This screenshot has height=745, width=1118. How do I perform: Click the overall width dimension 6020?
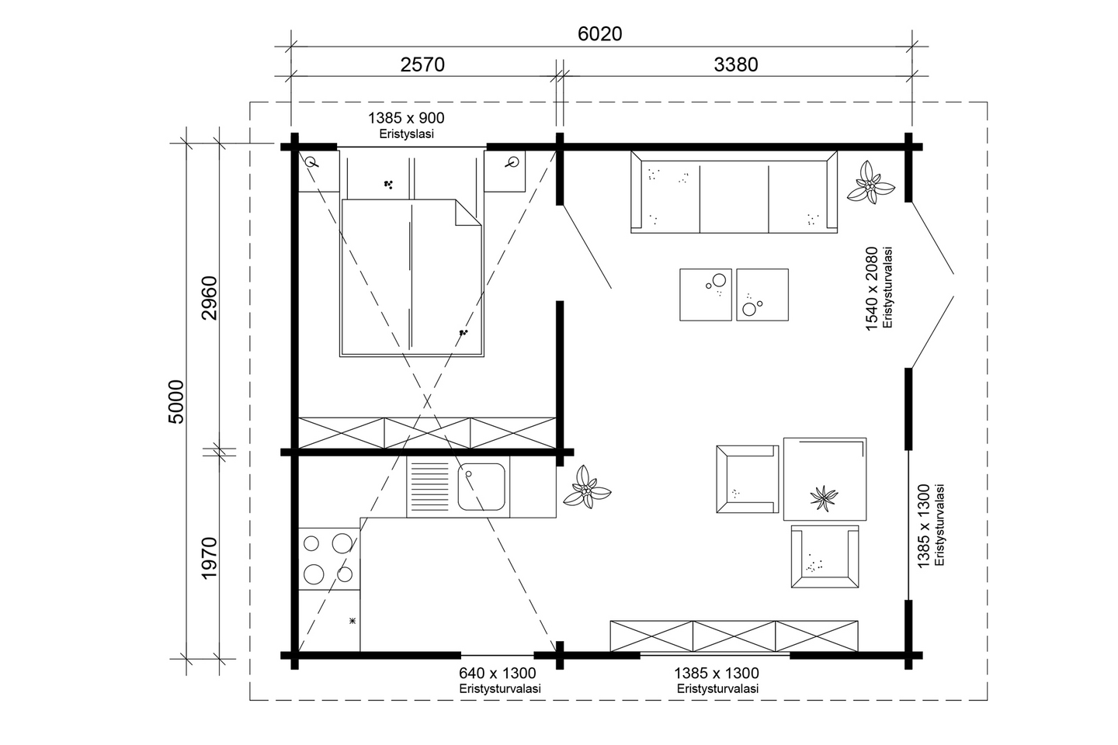point(599,34)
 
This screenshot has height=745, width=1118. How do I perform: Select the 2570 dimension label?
point(422,64)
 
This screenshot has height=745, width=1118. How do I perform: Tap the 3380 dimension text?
point(735,64)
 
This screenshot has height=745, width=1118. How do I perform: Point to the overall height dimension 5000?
point(176,401)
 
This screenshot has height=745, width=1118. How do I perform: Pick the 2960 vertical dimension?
point(209,297)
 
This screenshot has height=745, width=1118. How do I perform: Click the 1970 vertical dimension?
point(209,557)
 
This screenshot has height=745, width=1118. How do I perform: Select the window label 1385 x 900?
point(405,118)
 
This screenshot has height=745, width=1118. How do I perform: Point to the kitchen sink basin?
point(482,486)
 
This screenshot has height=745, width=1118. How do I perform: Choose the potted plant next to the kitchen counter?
point(587,489)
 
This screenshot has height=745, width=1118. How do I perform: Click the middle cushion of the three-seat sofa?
point(734,197)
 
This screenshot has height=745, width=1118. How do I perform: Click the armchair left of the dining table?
point(745,479)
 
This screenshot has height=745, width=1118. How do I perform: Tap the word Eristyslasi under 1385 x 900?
point(406,133)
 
